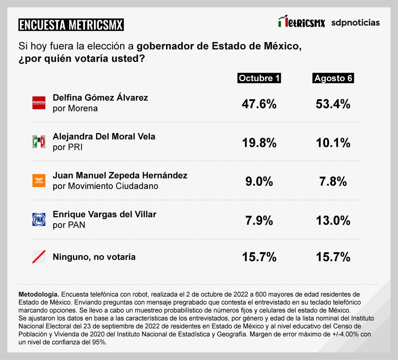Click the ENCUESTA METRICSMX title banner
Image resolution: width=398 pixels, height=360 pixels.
(x=71, y=25)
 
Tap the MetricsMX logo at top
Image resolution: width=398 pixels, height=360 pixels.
(x=301, y=22)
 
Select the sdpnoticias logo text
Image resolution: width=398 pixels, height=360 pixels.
(x=355, y=22)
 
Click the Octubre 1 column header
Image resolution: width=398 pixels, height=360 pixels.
(x=259, y=78)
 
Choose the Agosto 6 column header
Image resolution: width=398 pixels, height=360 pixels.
(x=333, y=78)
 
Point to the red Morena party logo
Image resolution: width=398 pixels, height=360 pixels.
(x=39, y=103)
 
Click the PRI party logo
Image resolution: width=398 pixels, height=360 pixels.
(x=39, y=142)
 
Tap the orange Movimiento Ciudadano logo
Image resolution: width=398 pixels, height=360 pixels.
(x=39, y=180)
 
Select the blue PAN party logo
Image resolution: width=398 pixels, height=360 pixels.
(x=39, y=219)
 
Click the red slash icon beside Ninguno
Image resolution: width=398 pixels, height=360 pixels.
(x=39, y=257)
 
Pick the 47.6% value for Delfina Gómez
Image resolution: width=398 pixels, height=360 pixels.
(x=259, y=104)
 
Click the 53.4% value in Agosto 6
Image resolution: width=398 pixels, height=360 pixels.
(x=333, y=104)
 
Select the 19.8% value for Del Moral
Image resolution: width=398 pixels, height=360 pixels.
(x=259, y=143)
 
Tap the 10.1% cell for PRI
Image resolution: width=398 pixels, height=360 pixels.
(x=333, y=143)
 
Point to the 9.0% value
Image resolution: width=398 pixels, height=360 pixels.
(x=259, y=181)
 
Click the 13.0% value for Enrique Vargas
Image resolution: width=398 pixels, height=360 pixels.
(x=333, y=221)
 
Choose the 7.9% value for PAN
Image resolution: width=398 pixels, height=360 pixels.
(x=259, y=221)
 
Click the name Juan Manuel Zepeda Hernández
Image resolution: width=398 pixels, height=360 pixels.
(x=120, y=176)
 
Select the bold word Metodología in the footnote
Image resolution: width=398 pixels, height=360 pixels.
(x=38, y=294)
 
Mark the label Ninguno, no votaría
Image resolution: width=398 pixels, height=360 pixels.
(x=94, y=257)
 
